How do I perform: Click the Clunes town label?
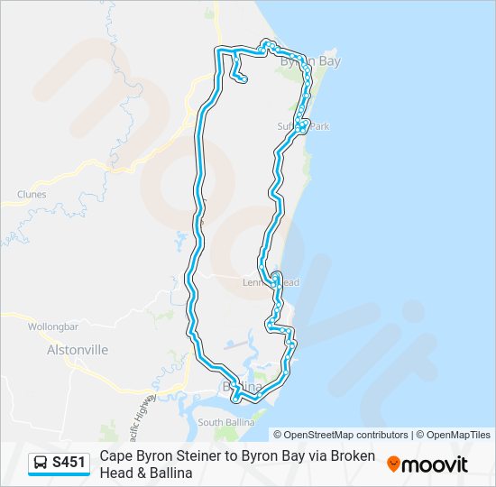tap(31, 194)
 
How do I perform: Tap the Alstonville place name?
tap(77, 349)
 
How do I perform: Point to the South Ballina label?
tap(223, 421)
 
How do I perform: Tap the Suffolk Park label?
tap(304, 127)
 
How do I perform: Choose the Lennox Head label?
tap(271, 282)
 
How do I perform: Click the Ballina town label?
tap(241, 387)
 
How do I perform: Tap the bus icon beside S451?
tap(41, 464)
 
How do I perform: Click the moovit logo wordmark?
tap(435, 464)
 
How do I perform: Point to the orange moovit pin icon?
tap(393, 464)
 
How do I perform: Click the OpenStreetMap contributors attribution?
tap(341, 435)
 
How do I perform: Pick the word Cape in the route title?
tap(115, 456)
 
